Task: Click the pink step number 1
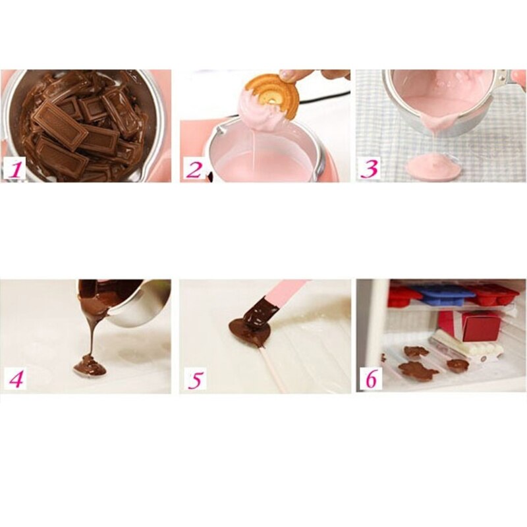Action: point(16,170)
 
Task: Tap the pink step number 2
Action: point(194,170)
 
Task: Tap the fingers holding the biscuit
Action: point(309,76)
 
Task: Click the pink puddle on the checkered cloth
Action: point(433,166)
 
